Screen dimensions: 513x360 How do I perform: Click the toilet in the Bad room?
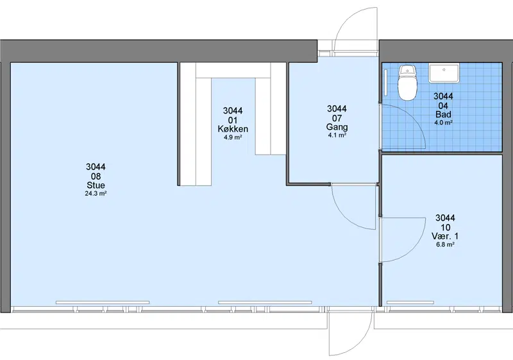click(x=407, y=82)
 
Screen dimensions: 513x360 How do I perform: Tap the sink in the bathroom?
click(x=444, y=73)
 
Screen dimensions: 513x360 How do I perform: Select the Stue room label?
click(x=96, y=185)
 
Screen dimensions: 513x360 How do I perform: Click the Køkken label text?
click(x=233, y=129)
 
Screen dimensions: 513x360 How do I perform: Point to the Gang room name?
click(x=337, y=127)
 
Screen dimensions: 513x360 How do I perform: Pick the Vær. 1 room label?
click(x=445, y=236)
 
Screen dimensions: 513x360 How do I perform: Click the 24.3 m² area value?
click(x=96, y=193)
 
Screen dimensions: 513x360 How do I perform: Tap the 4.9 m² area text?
click(x=233, y=137)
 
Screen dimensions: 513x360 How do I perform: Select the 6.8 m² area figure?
click(x=445, y=244)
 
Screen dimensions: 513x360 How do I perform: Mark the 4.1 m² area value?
click(x=337, y=135)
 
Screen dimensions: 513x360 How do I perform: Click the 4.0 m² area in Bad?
click(x=443, y=123)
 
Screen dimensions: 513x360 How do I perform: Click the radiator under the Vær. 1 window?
click(x=410, y=303)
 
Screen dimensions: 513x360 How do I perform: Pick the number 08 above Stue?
click(x=96, y=176)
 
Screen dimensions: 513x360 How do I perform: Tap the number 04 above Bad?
click(x=443, y=105)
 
